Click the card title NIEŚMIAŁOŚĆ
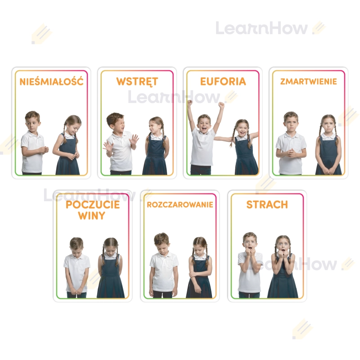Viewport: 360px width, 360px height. [x=51, y=82]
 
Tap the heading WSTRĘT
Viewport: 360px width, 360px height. [x=137, y=82]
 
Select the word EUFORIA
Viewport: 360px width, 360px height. [x=223, y=81]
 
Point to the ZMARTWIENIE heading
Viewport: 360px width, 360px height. [x=309, y=81]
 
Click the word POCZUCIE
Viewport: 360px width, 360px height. [x=93, y=205]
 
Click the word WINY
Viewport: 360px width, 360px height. [x=92, y=216]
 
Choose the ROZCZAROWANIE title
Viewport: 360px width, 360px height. [x=180, y=205]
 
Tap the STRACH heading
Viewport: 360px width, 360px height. [x=267, y=205]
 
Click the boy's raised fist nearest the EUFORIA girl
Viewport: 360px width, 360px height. [x=221, y=105]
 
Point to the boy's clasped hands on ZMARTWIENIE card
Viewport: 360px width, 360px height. [x=292, y=153]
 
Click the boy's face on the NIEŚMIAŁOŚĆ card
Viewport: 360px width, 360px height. [x=33, y=124]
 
